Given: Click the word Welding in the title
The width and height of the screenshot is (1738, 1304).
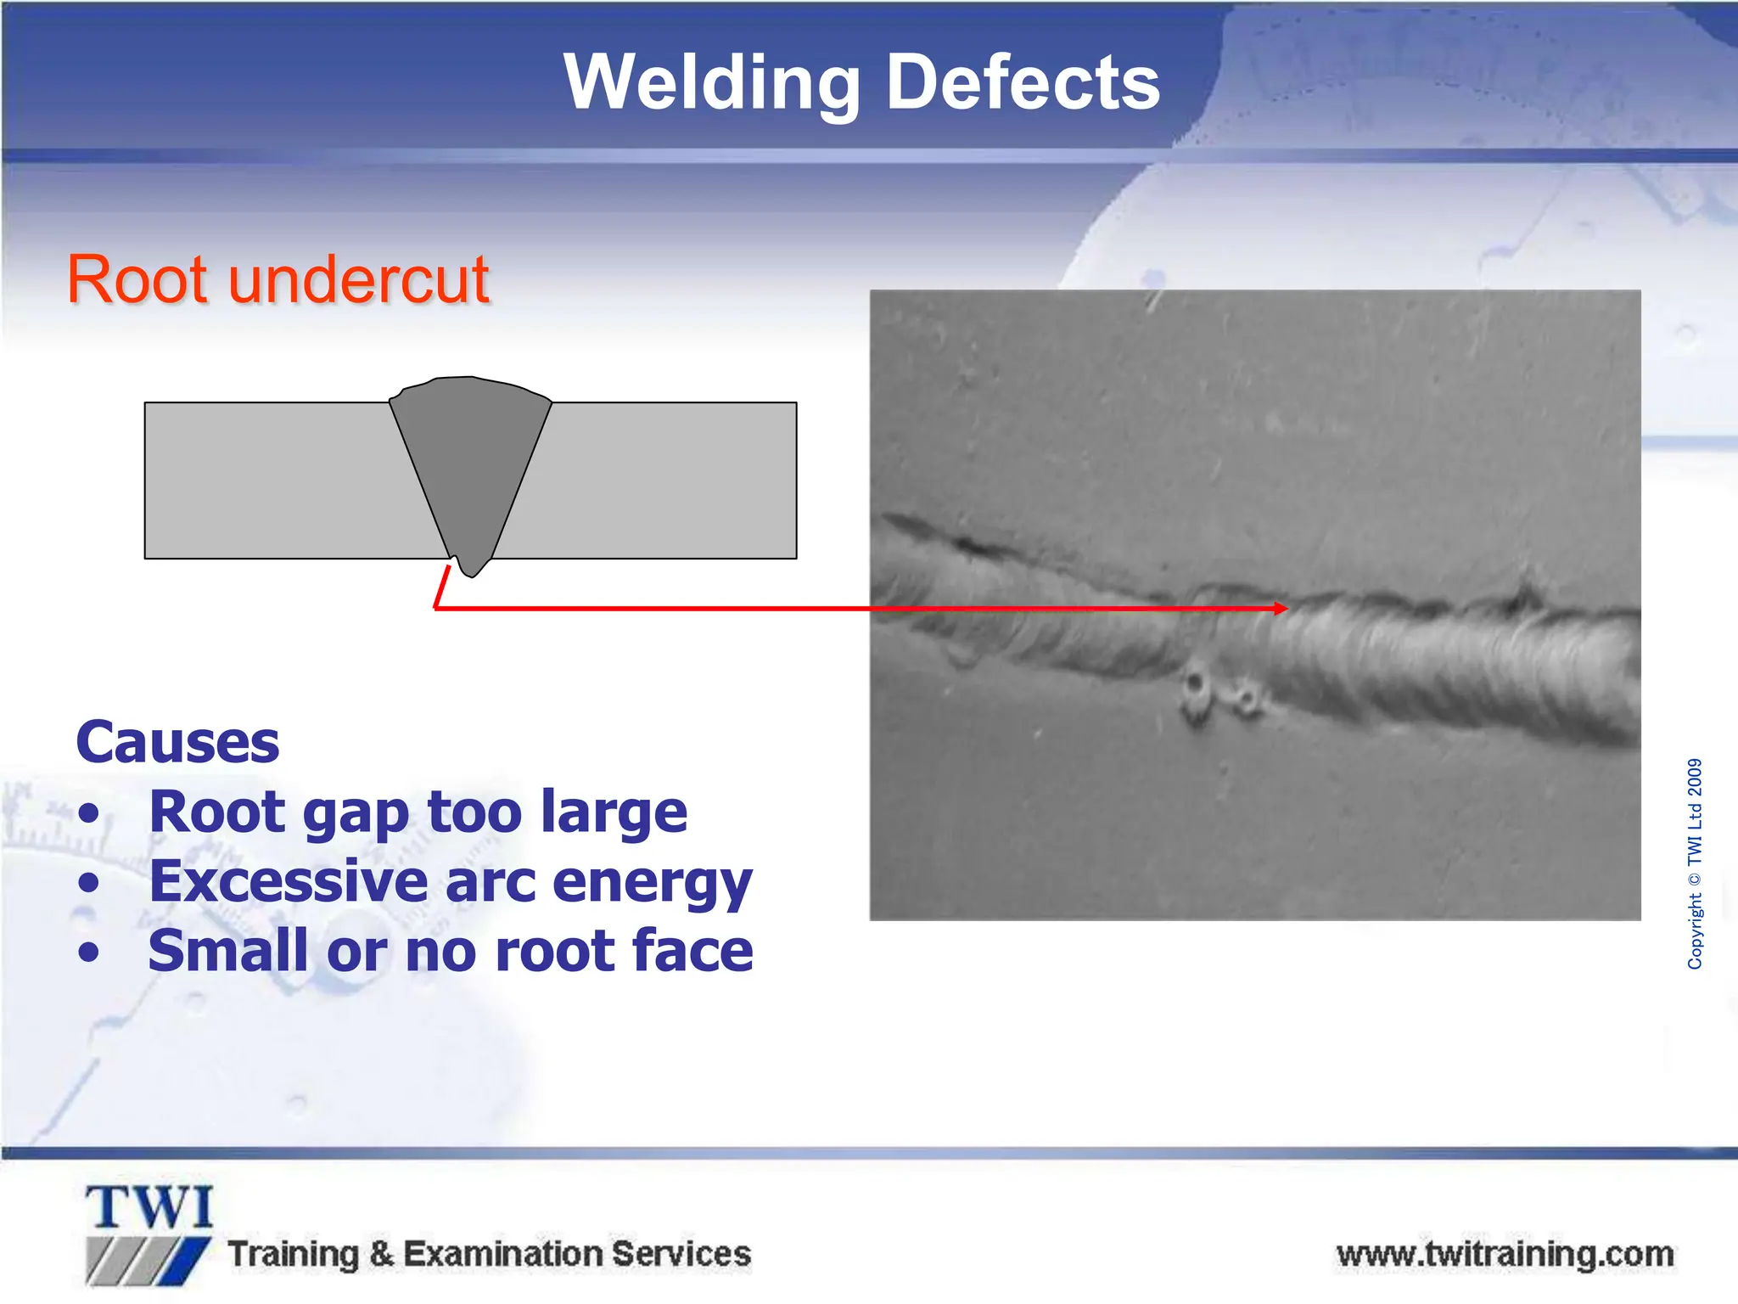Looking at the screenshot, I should pyautogui.click(x=711, y=83).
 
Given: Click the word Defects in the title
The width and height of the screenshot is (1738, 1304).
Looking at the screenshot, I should pyautogui.click(x=1022, y=83).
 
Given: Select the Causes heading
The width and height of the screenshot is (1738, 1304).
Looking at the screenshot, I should pyautogui.click(x=177, y=743).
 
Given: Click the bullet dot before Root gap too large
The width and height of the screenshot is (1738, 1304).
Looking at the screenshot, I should pyautogui.click(x=88, y=814).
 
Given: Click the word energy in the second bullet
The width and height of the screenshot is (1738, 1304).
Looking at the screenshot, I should pyautogui.click(x=652, y=883).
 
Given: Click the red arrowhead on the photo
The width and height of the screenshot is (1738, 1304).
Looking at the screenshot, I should pyautogui.click(x=1281, y=608).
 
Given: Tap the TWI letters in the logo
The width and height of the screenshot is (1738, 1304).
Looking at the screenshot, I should pyautogui.click(x=149, y=1208).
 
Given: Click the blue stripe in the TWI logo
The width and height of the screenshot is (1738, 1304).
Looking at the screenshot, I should pyautogui.click(x=190, y=1260).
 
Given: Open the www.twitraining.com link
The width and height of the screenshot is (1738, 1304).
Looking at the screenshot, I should pyautogui.click(x=1504, y=1255).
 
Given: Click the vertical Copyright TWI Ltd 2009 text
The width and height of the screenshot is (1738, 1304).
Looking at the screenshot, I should pyautogui.click(x=1694, y=863).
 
